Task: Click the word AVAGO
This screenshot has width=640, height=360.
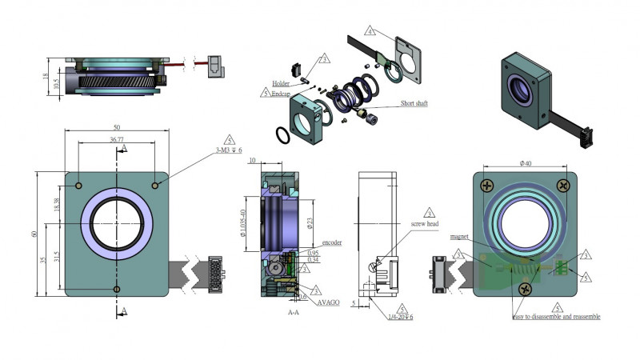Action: click(x=327, y=304)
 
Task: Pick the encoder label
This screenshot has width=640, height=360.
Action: click(x=331, y=242)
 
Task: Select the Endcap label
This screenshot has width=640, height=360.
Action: click(x=279, y=93)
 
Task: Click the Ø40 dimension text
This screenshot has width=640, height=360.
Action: click(x=526, y=163)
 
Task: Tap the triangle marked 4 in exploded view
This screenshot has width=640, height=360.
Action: click(x=370, y=33)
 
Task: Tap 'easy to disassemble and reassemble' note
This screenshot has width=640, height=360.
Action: click(x=557, y=317)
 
